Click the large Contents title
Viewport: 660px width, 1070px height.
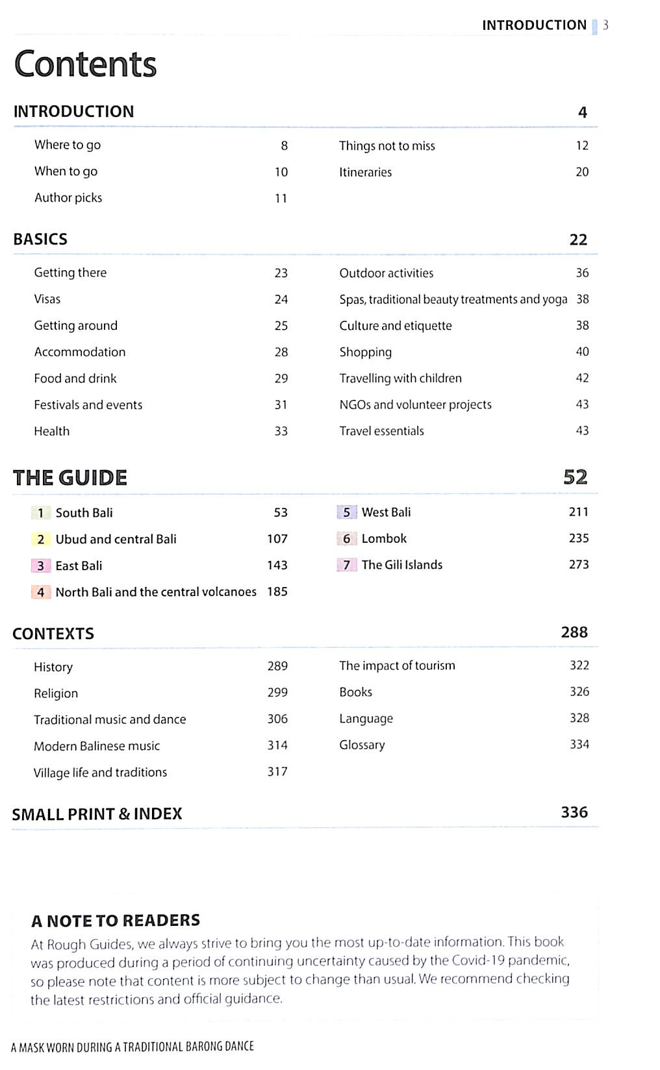pos(85,64)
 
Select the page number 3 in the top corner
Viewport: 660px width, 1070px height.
pos(605,25)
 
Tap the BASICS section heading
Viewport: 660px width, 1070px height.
pos(40,239)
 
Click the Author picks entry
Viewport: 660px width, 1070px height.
pos(68,198)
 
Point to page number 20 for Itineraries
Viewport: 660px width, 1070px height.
pos(582,172)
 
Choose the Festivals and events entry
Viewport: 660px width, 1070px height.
pos(88,405)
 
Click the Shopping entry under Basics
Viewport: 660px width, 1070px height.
pos(365,352)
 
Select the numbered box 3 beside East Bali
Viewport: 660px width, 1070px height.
pos(40,566)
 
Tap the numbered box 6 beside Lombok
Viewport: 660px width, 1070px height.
pos(346,539)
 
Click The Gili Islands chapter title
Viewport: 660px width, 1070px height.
pos(401,565)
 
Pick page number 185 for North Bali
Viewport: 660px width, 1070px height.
pos(277,591)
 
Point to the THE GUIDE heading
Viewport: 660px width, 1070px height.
pos(70,478)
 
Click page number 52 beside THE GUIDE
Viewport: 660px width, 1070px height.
pos(575,477)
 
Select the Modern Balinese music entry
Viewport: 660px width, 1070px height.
pos(97,746)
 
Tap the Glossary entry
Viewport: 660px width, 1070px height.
pos(362,745)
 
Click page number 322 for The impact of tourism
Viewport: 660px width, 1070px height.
pos(579,666)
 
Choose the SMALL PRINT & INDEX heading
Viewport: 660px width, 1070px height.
pos(97,814)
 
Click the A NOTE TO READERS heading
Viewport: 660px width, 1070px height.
pos(116,921)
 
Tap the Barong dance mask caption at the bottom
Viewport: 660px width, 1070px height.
pos(133,1047)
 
